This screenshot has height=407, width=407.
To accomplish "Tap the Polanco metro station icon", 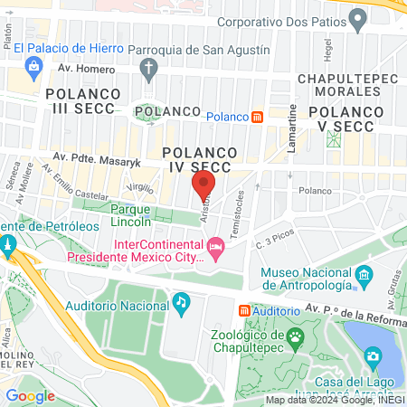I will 257,117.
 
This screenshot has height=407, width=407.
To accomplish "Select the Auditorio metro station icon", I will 243,310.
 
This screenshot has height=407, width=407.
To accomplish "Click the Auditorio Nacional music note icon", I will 181,300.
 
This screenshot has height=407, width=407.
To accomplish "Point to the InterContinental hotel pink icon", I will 215,246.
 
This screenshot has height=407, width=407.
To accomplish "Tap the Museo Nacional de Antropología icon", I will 363,273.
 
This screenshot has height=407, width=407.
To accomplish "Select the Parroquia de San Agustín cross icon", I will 150,69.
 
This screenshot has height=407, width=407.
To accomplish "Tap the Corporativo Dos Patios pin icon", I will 358,18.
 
